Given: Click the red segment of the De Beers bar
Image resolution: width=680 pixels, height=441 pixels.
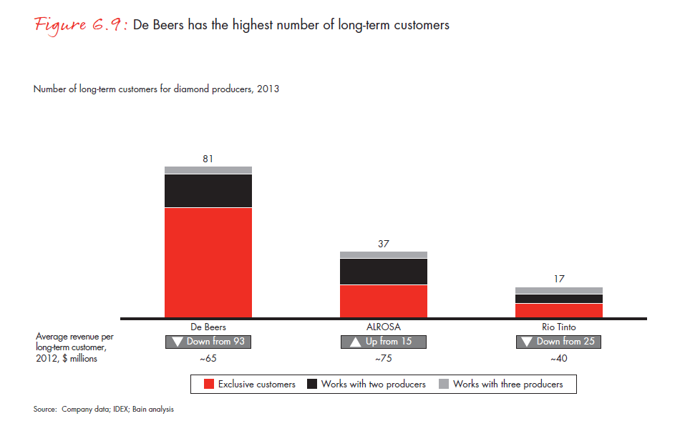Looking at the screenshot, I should tap(208, 262).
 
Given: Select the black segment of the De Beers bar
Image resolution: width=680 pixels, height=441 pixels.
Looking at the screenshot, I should tap(208, 190).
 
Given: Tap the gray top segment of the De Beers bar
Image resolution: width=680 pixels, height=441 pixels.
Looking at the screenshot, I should tap(208, 170).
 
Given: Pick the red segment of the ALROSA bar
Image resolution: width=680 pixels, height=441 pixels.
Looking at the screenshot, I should tap(384, 301).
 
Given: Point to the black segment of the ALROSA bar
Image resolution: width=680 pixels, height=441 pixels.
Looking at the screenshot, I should tap(384, 272).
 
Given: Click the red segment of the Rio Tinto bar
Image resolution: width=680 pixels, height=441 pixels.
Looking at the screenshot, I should tap(559, 310).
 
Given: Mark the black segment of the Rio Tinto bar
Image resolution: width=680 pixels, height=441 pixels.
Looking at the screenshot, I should tap(559, 299).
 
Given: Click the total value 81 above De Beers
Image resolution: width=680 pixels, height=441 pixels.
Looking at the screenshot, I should tap(208, 159).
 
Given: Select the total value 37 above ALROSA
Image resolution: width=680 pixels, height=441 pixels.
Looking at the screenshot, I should tap(384, 244).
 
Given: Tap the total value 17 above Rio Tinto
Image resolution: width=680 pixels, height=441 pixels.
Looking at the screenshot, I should tap(559, 279).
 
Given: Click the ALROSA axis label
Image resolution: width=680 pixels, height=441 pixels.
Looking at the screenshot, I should tap(384, 327).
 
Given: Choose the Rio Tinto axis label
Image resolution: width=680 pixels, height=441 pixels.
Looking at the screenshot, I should tap(559, 327).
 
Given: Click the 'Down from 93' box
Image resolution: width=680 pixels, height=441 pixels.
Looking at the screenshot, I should tap(208, 342).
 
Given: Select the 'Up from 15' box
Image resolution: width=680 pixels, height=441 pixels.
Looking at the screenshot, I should tap(384, 342).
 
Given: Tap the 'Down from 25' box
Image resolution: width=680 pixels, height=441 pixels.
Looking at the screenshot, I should tap(559, 342).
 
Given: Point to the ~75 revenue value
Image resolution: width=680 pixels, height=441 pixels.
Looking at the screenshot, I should tap(384, 359).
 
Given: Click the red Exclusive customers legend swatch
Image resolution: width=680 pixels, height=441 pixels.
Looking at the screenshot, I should tap(209, 385).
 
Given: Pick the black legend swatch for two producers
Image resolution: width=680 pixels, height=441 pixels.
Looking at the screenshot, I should tap(312, 385).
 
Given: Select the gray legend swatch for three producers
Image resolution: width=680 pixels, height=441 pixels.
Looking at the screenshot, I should tap(444, 385).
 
